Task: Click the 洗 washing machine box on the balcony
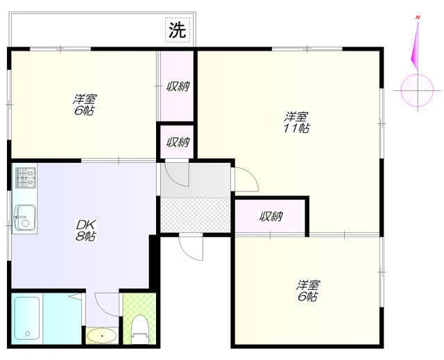pos(178,30)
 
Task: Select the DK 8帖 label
pos(86,230)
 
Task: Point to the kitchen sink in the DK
pos(23,217)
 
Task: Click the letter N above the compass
pos(418,15)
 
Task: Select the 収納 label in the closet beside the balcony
pos(178,87)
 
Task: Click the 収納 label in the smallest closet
pos(178,142)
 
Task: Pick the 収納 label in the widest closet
pos(271,216)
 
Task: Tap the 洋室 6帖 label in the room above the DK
pos(85,105)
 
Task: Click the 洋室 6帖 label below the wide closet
pos(308,291)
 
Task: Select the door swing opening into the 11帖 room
pos(244,180)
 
